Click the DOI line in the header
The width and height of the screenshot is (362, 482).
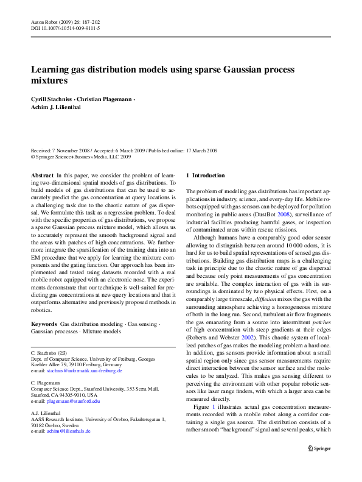pyautogui.click(x=65, y=29)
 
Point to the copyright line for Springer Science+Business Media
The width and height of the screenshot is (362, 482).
pyautogui.click(x=81, y=157)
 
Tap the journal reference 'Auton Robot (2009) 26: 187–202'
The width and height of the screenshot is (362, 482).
pyautogui.click(x=66, y=22)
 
